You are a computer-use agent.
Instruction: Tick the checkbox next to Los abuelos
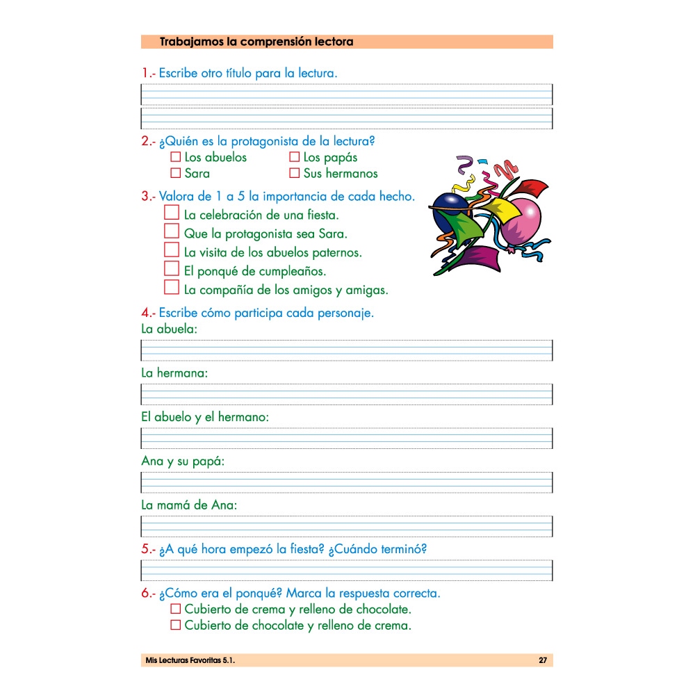(x=176, y=157)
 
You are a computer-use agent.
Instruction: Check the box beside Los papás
(x=294, y=157)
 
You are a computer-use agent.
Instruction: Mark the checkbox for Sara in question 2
(x=176, y=173)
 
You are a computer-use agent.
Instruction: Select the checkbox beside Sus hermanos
(x=294, y=173)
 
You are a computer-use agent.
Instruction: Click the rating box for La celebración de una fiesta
(x=172, y=212)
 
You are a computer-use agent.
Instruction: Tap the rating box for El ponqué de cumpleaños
(x=172, y=268)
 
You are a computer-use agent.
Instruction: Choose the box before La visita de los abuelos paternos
(x=172, y=250)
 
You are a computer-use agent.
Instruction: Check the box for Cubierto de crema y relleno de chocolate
(x=176, y=609)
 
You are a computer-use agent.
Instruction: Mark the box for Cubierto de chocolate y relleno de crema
(x=176, y=625)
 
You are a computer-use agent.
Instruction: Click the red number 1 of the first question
(x=145, y=72)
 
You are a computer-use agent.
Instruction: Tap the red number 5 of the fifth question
(x=145, y=549)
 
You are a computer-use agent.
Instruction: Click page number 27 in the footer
(x=543, y=660)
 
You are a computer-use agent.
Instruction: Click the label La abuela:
(x=169, y=329)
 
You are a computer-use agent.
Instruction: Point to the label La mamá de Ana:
(x=189, y=505)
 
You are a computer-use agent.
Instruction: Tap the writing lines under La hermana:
(x=347, y=394)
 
